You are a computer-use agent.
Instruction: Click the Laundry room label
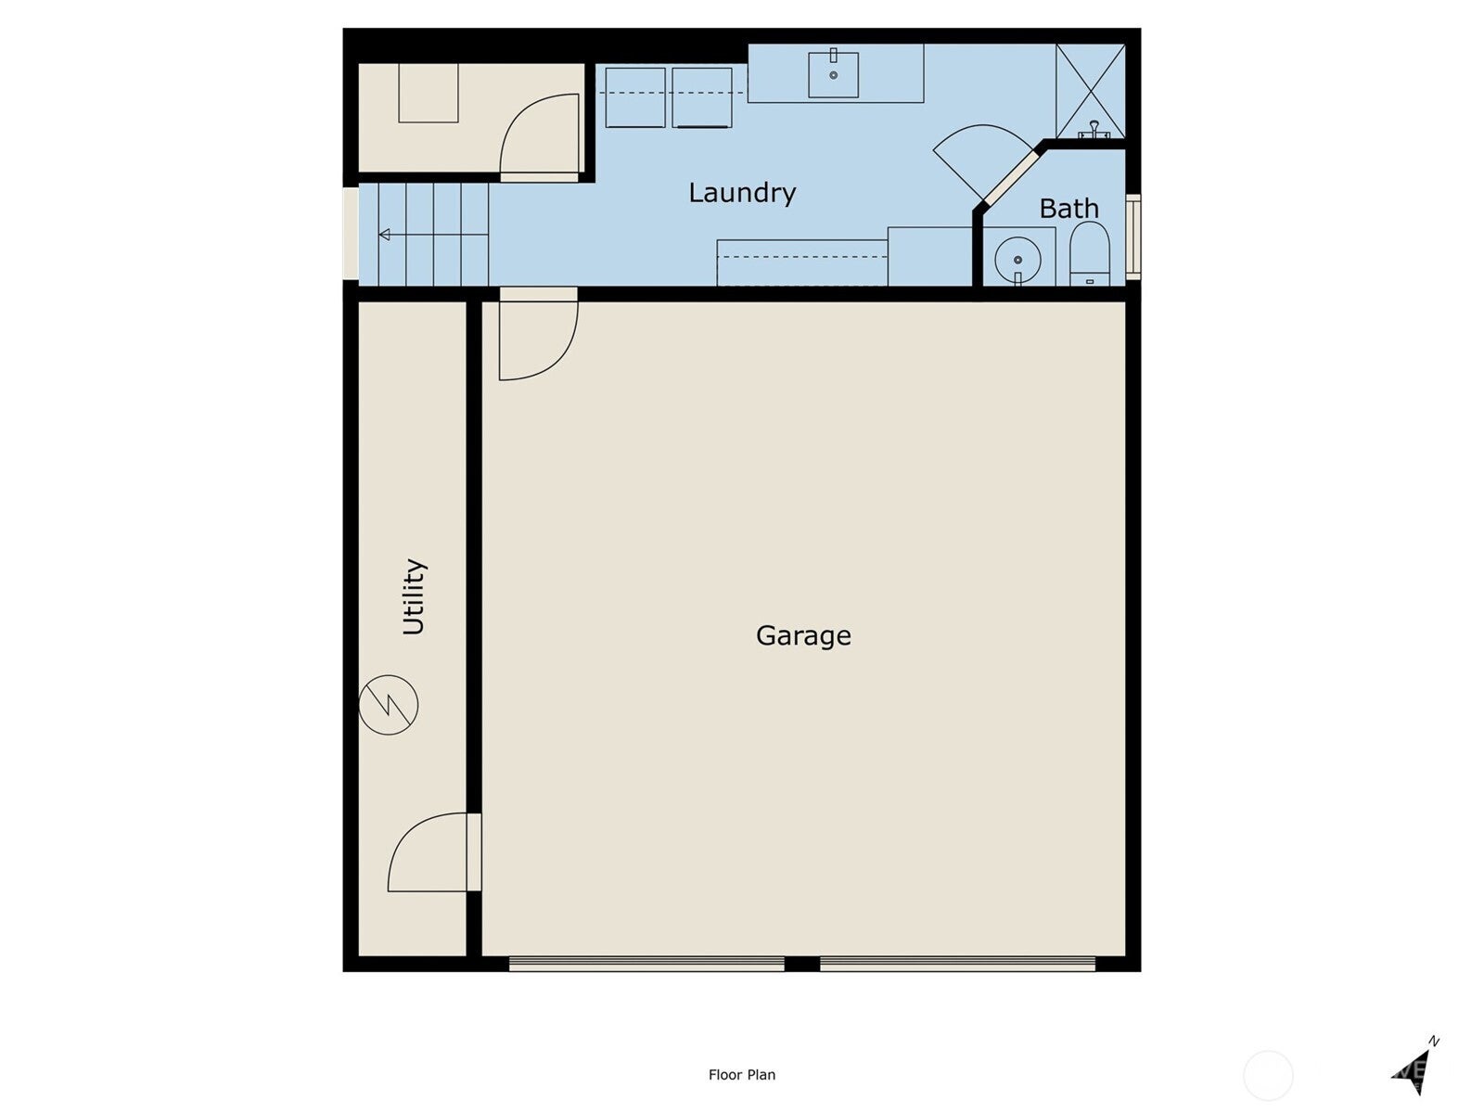pos(742,193)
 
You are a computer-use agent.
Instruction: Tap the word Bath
pos(1068,209)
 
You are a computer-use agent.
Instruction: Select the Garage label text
pos(803,635)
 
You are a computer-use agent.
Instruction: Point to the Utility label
pos(414,596)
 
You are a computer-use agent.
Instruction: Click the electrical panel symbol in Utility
pos(389,705)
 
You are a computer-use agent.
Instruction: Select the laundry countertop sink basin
pos(833,74)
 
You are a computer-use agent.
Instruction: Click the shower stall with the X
pos(1091,90)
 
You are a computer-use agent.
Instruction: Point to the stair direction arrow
pos(385,235)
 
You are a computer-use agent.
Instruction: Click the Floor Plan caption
pos(742,1075)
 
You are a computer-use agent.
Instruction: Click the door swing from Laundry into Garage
pos(536,339)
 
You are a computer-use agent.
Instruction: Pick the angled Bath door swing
pos(979,158)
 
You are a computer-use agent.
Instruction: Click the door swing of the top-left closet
pos(540,134)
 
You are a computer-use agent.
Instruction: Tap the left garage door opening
pos(646,964)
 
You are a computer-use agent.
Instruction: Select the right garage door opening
pos(957,964)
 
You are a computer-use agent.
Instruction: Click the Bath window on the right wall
pos(1133,237)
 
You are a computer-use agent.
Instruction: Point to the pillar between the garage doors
pos(802,964)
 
